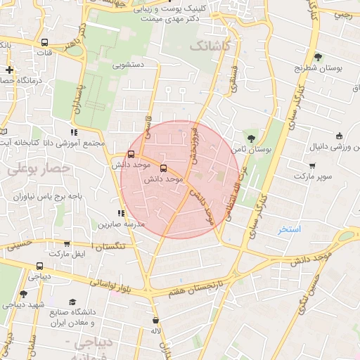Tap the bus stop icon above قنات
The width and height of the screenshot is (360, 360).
(x=45, y=41)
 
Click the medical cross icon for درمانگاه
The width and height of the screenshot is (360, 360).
(x=9, y=70)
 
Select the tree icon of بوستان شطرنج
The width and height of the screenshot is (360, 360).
(x=318, y=57)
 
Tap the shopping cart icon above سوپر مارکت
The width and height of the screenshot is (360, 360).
(x=312, y=166)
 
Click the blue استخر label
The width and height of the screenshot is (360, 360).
(x=289, y=229)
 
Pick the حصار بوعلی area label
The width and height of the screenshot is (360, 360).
(x=39, y=169)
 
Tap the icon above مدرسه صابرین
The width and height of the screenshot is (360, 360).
(x=121, y=213)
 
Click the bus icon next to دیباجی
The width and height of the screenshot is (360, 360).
(x=39, y=266)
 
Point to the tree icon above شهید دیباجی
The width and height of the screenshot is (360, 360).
(x=23, y=294)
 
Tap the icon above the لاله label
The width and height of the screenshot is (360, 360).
(x=155, y=319)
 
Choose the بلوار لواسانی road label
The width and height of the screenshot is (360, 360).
(x=113, y=285)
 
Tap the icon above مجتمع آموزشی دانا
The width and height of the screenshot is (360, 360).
(x=74, y=132)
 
